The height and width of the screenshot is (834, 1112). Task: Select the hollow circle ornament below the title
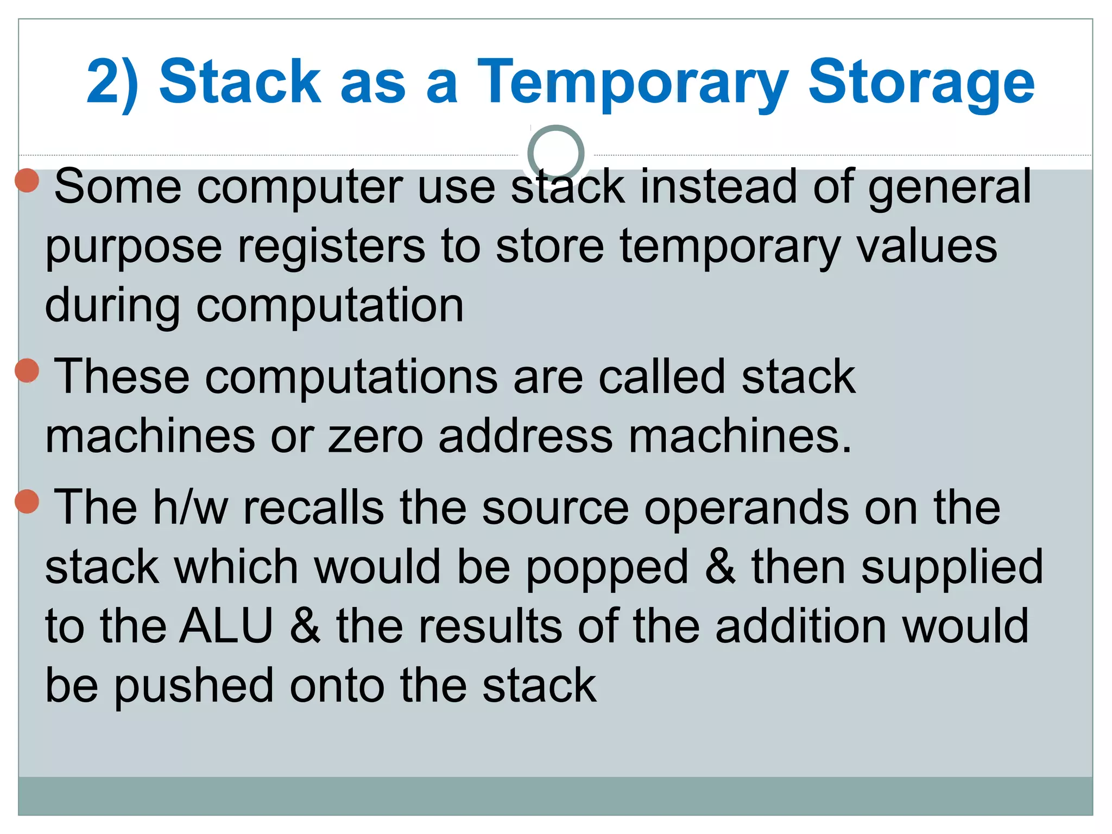[555, 154]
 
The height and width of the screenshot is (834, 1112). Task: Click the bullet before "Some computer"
[27, 180]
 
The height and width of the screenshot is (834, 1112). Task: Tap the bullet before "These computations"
[27, 371]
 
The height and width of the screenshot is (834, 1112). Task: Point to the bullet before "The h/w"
[27, 501]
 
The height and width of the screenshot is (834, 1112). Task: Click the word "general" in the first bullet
[949, 187]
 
